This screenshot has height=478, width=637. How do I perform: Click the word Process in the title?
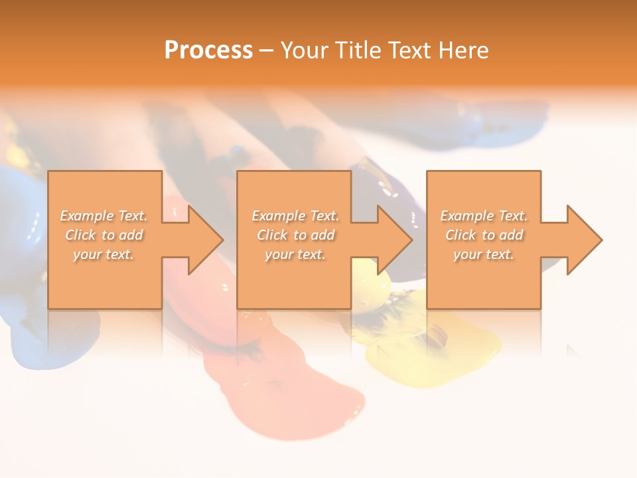tap(208, 50)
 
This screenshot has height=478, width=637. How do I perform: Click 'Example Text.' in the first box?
tap(104, 216)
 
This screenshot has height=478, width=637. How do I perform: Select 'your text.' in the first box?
tap(104, 254)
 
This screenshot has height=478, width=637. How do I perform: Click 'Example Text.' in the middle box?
tap(295, 216)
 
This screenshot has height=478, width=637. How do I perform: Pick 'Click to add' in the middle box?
tap(295, 235)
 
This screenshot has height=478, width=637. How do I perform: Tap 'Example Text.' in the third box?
tap(484, 216)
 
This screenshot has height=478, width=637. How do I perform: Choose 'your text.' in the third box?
tap(484, 254)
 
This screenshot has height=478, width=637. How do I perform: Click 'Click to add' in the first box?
tap(104, 235)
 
